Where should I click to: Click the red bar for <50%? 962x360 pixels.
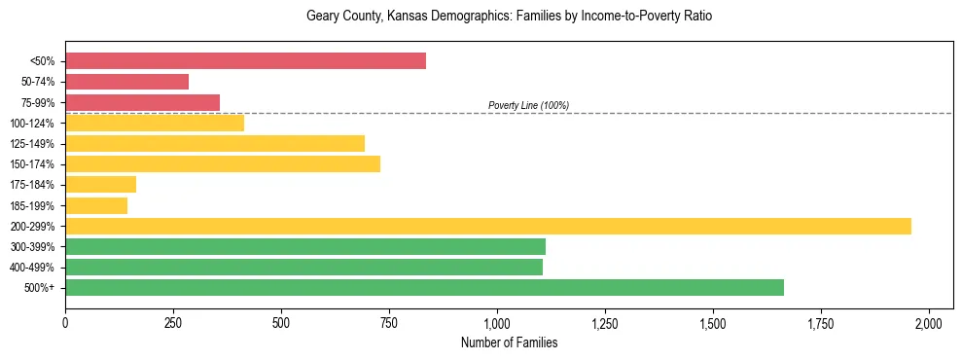pyautogui.click(x=245, y=61)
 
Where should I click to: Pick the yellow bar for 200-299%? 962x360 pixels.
pyautogui.click(x=488, y=226)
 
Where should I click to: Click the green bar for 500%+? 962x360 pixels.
pyautogui.click(x=424, y=287)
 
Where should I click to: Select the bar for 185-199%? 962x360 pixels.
pyautogui.click(x=96, y=205)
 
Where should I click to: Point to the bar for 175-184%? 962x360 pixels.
pyautogui.click(x=100, y=185)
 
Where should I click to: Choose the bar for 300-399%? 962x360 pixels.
pyautogui.click(x=305, y=246)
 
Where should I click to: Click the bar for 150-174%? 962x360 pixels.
pyautogui.click(x=223, y=164)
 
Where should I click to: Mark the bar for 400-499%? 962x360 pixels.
pyautogui.click(x=303, y=267)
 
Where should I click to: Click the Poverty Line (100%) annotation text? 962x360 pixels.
pyautogui.click(x=528, y=105)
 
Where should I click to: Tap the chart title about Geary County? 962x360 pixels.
pyautogui.click(x=510, y=17)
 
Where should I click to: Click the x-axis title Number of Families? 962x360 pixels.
pyautogui.click(x=509, y=342)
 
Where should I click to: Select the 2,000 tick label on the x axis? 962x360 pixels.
pyautogui.click(x=929, y=322)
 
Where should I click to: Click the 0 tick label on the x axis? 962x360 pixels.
pyautogui.click(x=65, y=322)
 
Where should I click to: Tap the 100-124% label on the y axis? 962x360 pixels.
pyautogui.click(x=32, y=124)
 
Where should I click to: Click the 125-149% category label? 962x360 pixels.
pyautogui.click(x=32, y=144)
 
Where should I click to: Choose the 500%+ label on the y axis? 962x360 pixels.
pyautogui.click(x=40, y=287)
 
